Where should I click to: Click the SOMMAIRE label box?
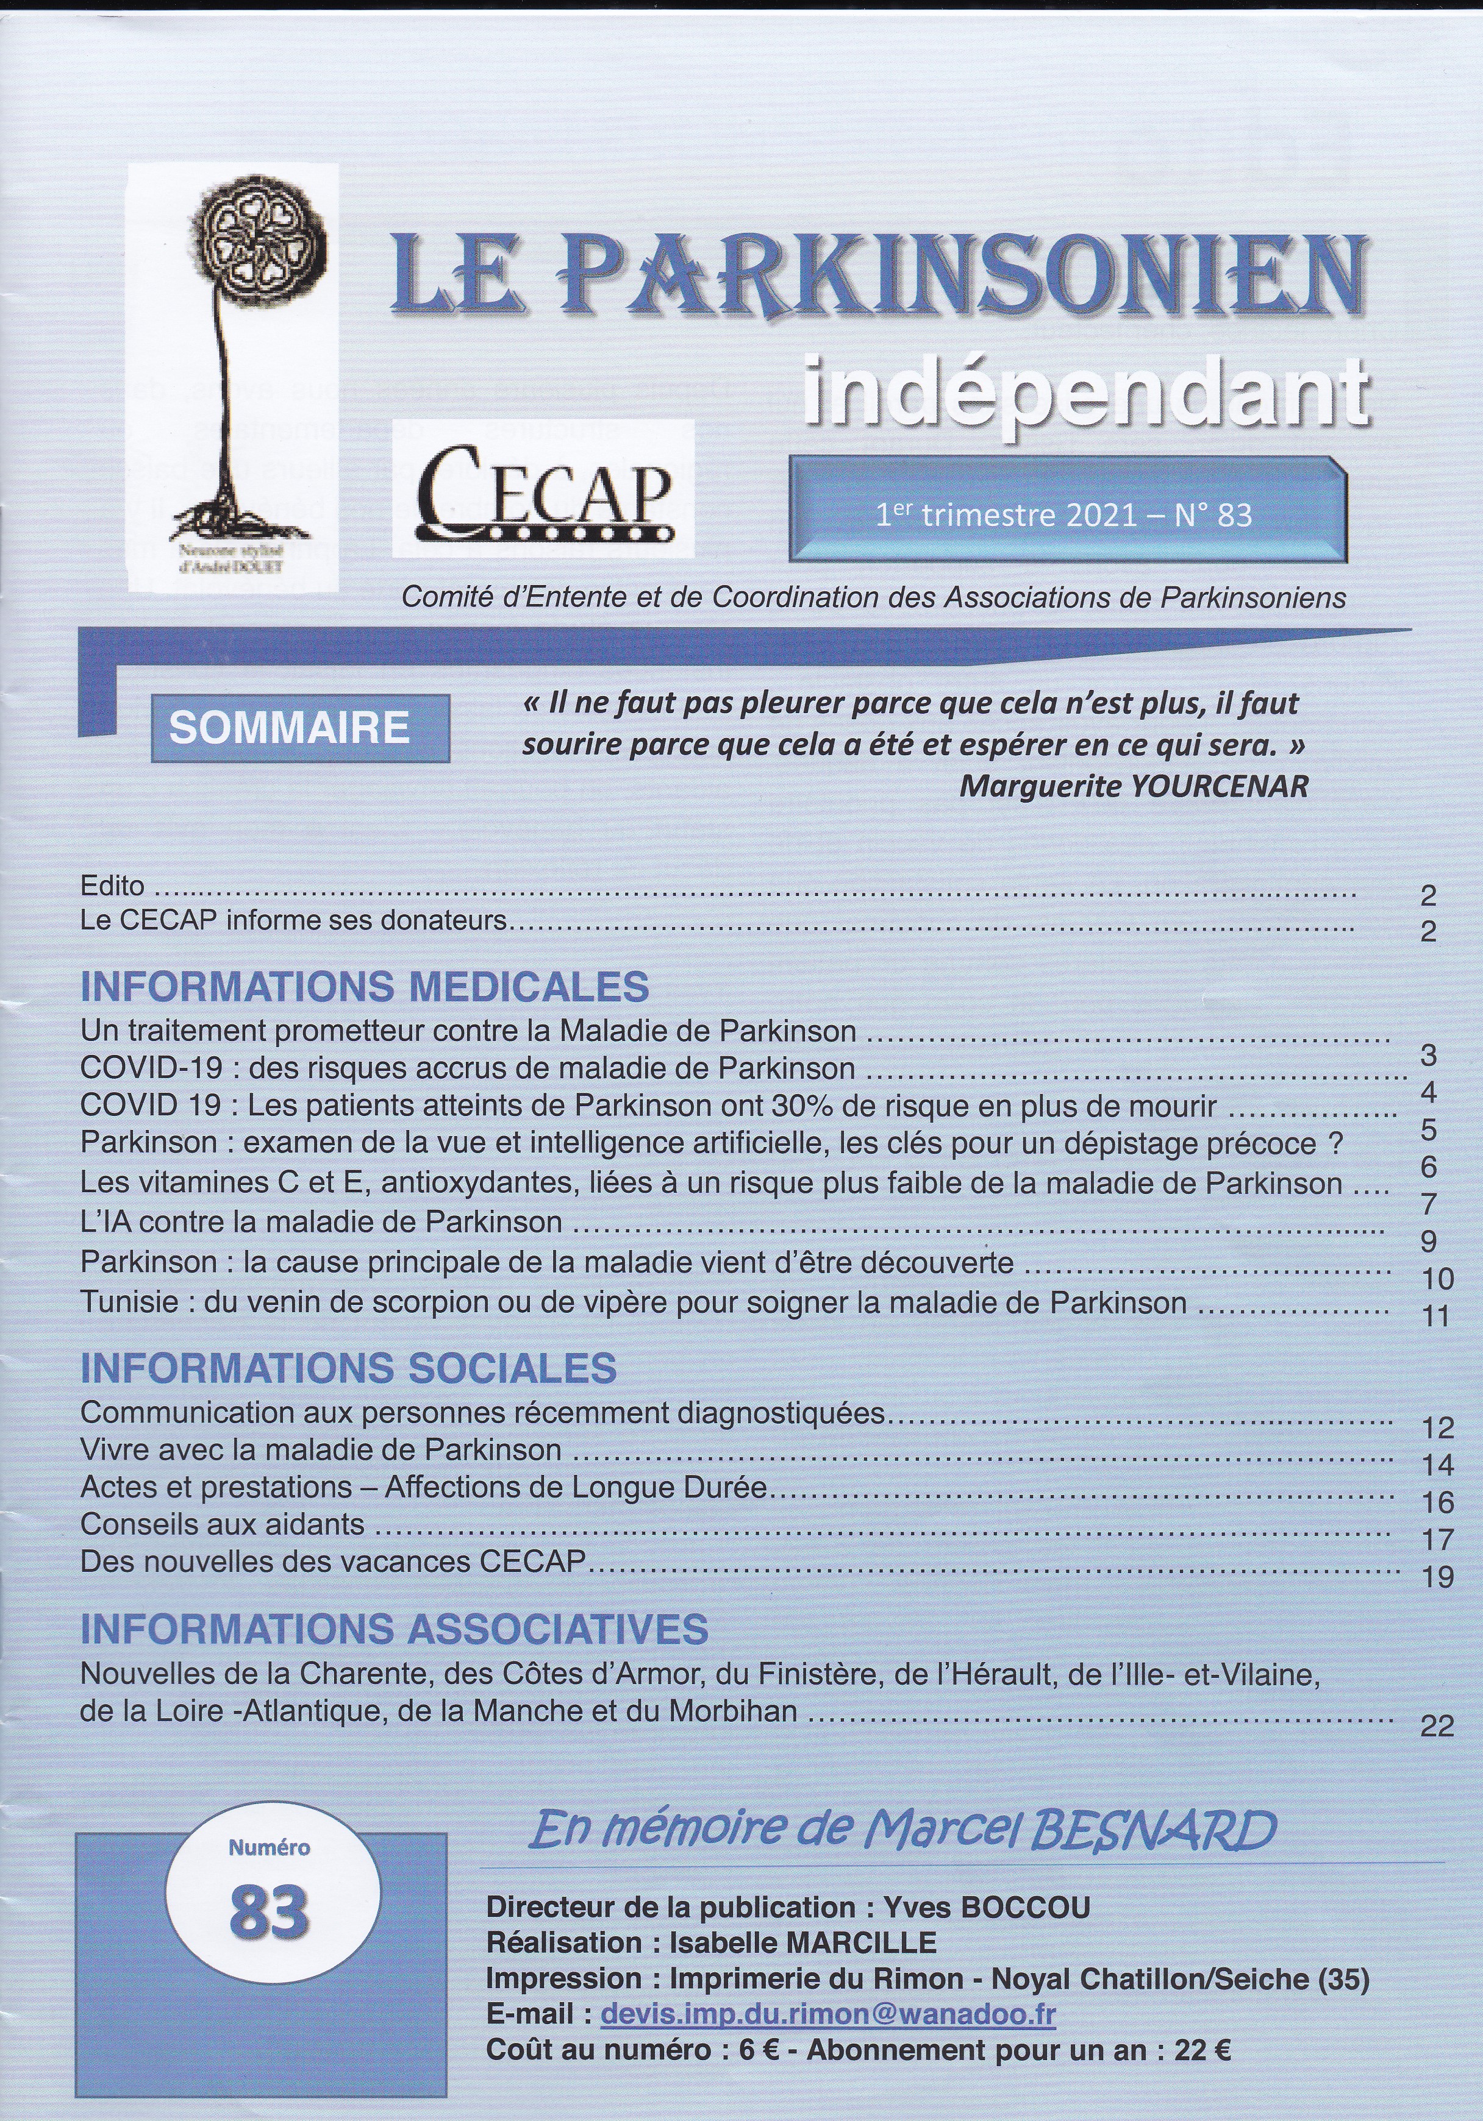coord(289,728)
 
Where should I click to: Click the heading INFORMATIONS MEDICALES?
coord(365,987)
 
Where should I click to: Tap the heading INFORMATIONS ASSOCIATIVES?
coord(395,1629)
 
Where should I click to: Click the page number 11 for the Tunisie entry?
coord(1437,1315)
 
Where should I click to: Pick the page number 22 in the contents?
coord(1437,1725)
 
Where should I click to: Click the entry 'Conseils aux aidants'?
coord(223,1523)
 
